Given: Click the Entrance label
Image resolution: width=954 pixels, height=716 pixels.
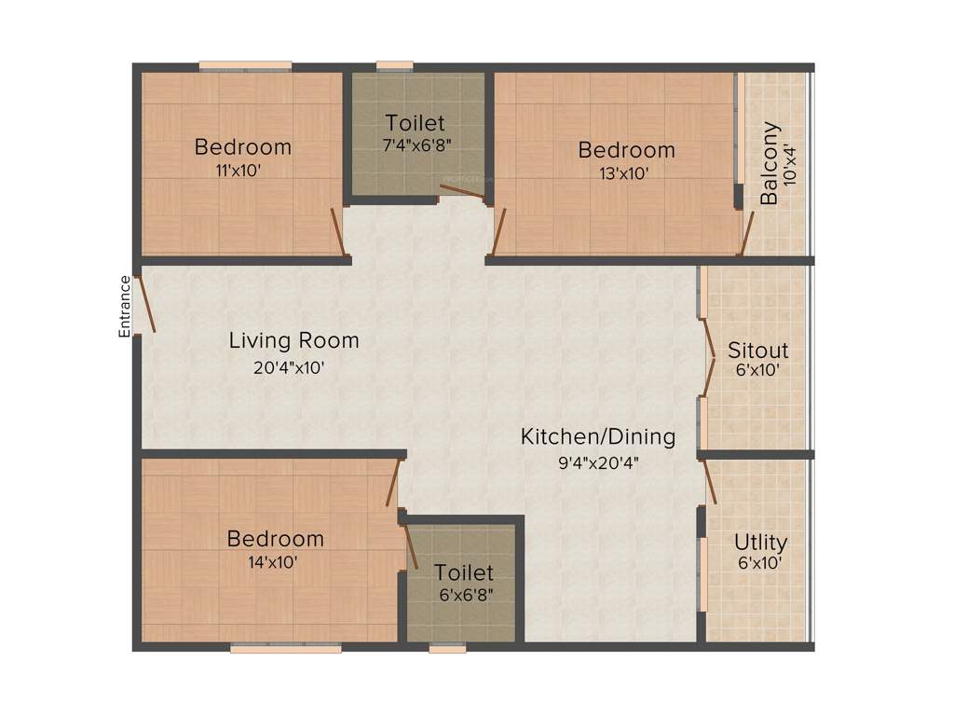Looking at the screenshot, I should pyautogui.click(x=124, y=306).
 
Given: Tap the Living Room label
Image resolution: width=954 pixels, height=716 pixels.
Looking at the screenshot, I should pyautogui.click(x=293, y=341).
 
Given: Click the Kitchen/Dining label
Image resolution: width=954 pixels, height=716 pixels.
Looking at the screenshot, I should pyautogui.click(x=597, y=436).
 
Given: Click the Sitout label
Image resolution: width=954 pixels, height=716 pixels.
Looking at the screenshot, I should pyautogui.click(x=757, y=351).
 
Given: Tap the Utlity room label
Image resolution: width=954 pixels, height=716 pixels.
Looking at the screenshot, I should pyautogui.click(x=760, y=542).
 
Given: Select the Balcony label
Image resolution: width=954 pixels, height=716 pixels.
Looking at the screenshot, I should pyautogui.click(x=770, y=164).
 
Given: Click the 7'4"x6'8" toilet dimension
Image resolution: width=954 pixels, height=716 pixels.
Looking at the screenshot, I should pyautogui.click(x=415, y=145).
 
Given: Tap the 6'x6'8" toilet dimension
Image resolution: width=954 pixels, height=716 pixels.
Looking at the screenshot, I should pyautogui.click(x=463, y=595).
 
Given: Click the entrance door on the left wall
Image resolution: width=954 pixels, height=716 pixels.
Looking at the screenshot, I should pyautogui.click(x=144, y=304).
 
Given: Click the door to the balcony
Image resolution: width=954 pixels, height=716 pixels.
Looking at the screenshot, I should pyautogui.click(x=746, y=233).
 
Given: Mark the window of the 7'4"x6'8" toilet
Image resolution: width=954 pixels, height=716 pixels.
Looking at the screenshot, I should pyautogui.click(x=395, y=66).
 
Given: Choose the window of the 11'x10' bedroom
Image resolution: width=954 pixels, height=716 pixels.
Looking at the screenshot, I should pyautogui.click(x=245, y=66).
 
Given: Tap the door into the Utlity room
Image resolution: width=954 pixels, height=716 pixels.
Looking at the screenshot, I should pyautogui.click(x=709, y=480).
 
